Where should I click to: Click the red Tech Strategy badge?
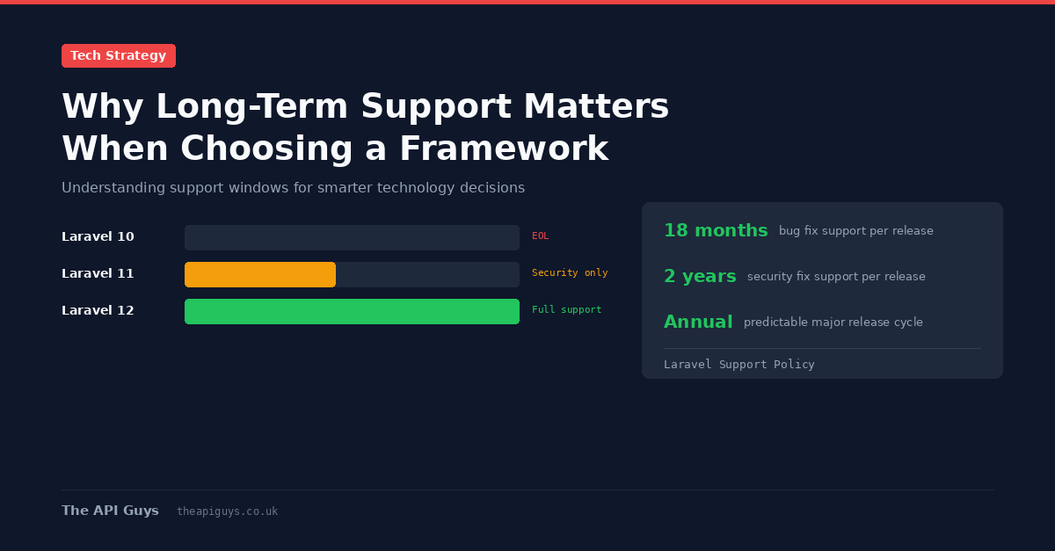pyautogui.click(x=118, y=55)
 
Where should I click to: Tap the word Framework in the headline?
pyautogui.click(x=504, y=149)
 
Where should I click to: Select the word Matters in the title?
pyautogui.click(x=596, y=106)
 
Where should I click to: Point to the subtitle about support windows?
pyautogui.click(x=293, y=187)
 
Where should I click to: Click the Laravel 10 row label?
pyautogui.click(x=98, y=236)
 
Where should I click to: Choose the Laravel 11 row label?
pyautogui.click(x=98, y=273)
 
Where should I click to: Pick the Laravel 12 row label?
pyautogui.click(x=98, y=310)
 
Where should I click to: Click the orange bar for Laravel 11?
pyautogui.click(x=260, y=274)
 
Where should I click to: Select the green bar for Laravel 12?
pyautogui.click(x=352, y=311)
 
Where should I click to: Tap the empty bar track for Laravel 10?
pyautogui.click(x=352, y=237)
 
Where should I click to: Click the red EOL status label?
pyautogui.click(x=540, y=236)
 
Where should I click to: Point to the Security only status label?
pyautogui.click(x=570, y=272)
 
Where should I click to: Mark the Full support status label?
pyautogui.click(x=566, y=309)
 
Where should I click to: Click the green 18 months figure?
pyautogui.click(x=716, y=230)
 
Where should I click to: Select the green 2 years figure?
pyautogui.click(x=700, y=276)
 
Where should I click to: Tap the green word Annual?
pyautogui.click(x=698, y=322)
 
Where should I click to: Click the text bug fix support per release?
pyautogui.click(x=855, y=231)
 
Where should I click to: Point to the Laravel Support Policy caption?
pyautogui.click(x=739, y=365)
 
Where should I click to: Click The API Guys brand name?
pyautogui.click(x=110, y=511)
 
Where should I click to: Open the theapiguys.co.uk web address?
pyautogui.click(x=228, y=511)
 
